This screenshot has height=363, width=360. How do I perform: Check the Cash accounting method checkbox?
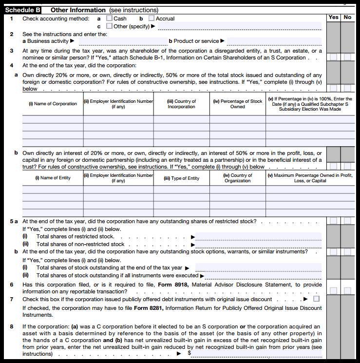click(x=109, y=19)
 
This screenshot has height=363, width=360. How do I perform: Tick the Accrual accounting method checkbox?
click(x=151, y=19)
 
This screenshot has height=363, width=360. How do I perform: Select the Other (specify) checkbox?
click(x=109, y=26)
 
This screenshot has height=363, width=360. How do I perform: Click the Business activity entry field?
click(x=121, y=41)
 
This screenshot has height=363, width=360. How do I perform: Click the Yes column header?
click(x=333, y=18)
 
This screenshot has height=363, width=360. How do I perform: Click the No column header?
click(x=347, y=18)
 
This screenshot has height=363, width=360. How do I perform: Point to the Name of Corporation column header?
click(x=53, y=104)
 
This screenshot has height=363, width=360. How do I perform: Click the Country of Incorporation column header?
click(x=181, y=104)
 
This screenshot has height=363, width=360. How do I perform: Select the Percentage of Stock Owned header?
click(x=238, y=104)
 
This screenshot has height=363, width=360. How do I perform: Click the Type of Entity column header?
click(x=181, y=178)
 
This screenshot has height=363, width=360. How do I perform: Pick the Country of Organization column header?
click(x=238, y=178)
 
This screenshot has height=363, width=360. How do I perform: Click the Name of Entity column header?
click(x=53, y=178)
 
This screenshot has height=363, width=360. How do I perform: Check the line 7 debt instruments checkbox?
click(x=317, y=299)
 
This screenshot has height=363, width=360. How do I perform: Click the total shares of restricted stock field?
click(x=258, y=236)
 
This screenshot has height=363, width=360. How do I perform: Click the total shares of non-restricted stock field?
click(x=258, y=244)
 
